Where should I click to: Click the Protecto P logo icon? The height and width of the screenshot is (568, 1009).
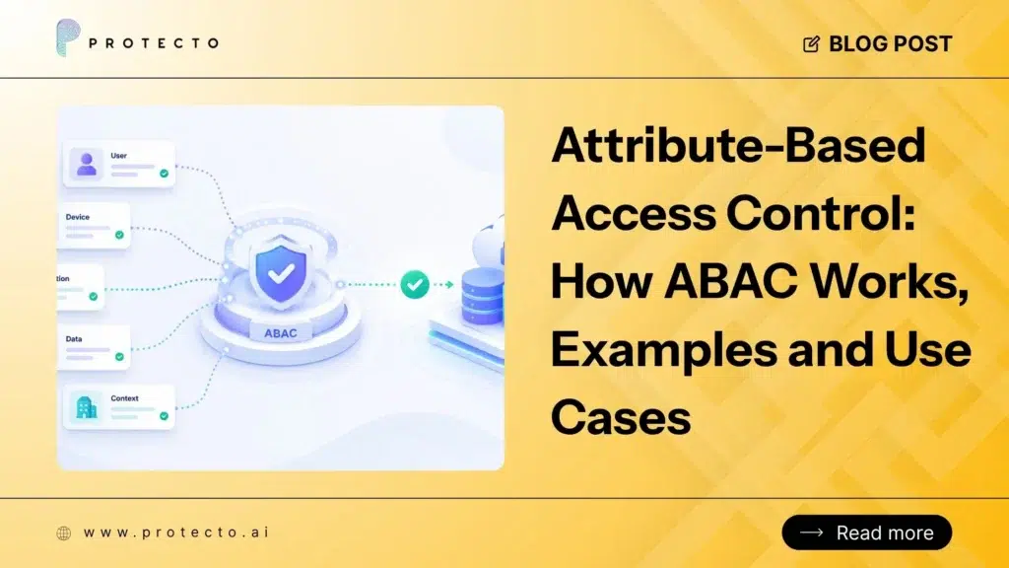point(68,37)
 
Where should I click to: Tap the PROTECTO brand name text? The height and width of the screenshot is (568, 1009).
point(154,43)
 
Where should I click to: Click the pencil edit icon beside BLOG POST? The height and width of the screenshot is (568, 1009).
point(812,43)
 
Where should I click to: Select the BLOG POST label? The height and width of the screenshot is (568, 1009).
point(891,43)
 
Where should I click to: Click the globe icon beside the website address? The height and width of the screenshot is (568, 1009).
point(64,532)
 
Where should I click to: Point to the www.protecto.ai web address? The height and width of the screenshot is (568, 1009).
point(176,532)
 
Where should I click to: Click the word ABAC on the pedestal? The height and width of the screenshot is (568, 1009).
point(281,333)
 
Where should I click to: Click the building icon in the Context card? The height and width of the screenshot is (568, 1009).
point(87,407)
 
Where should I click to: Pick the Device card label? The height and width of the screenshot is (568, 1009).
point(78,217)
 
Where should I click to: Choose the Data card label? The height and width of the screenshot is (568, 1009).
point(74,339)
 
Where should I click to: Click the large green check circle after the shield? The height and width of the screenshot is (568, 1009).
point(415,284)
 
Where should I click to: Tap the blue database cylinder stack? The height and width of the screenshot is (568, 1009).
point(483,297)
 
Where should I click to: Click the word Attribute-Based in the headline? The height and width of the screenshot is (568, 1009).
point(738,146)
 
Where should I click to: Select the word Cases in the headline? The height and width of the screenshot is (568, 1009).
point(621,417)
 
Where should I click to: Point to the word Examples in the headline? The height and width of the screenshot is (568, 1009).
point(664,350)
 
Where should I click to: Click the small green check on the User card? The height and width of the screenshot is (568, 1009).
point(165,174)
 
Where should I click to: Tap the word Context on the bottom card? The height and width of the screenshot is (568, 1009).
point(125,398)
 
